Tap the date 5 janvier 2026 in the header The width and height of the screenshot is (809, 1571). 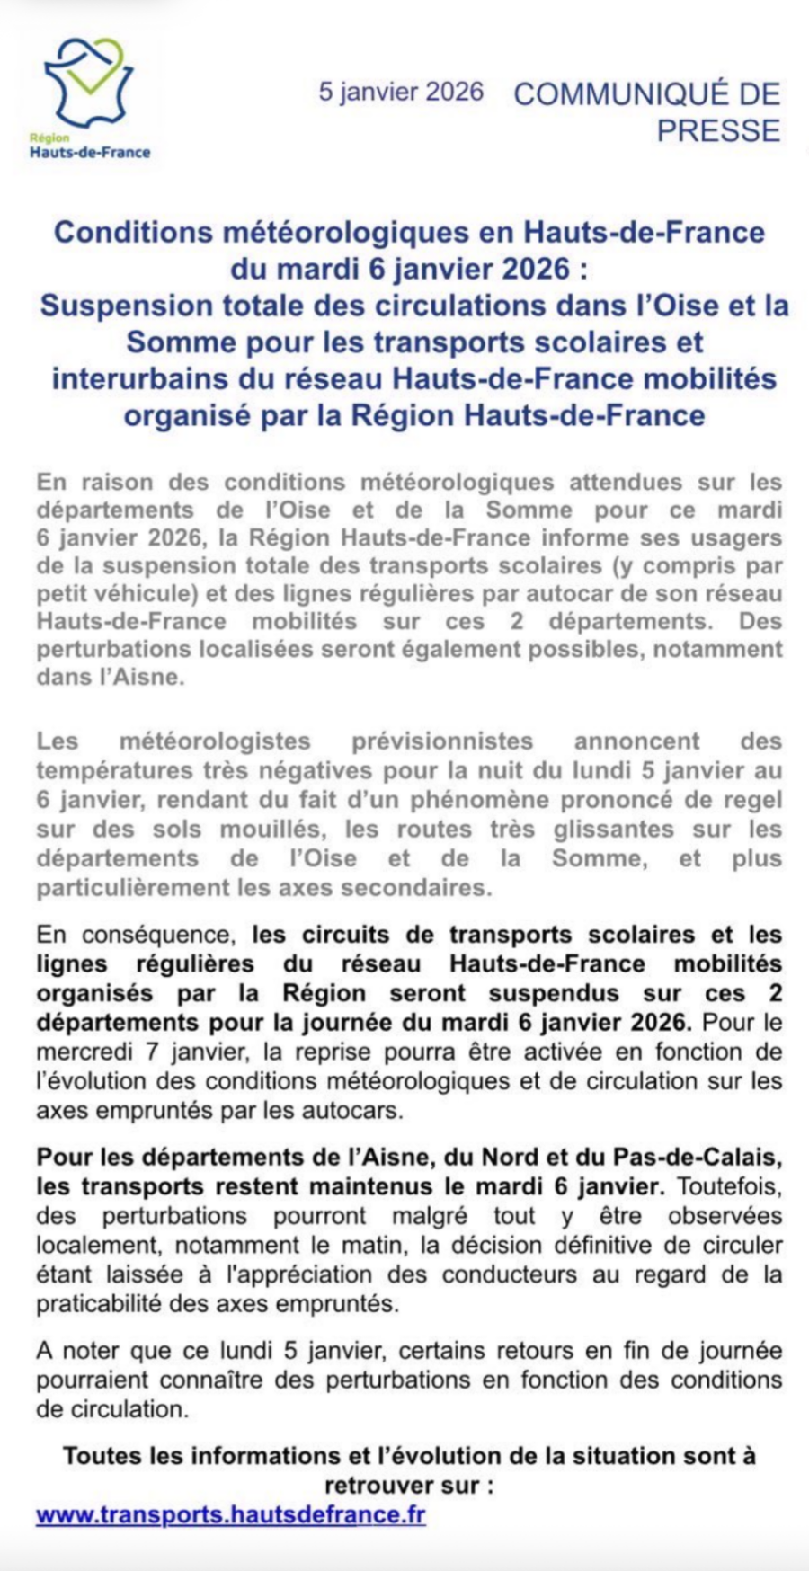tap(401, 92)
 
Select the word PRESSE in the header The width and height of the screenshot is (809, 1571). tap(718, 131)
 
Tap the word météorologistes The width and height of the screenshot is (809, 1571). tap(215, 741)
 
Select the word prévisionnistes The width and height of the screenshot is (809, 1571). tap(442, 741)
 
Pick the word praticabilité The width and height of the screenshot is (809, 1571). tap(100, 1304)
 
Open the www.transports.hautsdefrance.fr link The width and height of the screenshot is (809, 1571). tap(230, 1514)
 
